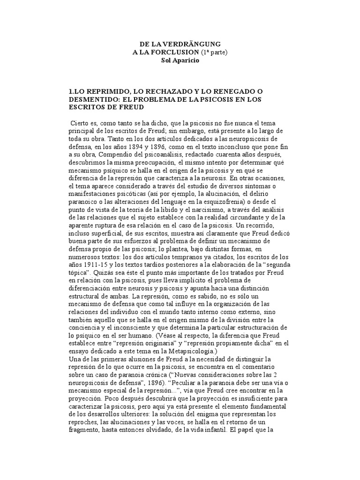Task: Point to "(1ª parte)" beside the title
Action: coord(212,52)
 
